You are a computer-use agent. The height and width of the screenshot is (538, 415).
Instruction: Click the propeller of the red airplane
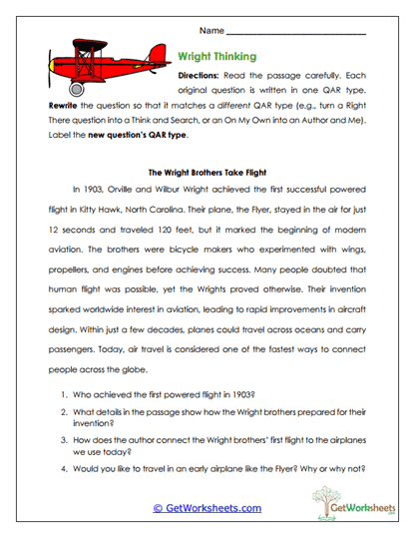point(53,66)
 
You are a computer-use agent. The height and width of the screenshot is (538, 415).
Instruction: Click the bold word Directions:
point(203,76)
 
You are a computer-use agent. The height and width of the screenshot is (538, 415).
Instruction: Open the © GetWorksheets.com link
point(207,508)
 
